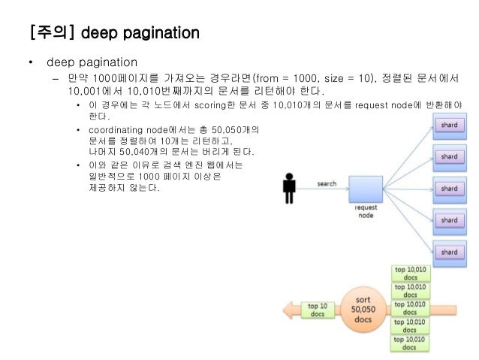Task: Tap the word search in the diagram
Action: pyautogui.click(x=327, y=183)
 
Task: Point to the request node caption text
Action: pyautogui.click(x=366, y=213)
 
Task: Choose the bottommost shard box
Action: pyautogui.click(x=448, y=251)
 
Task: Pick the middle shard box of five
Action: pyautogui.click(x=448, y=189)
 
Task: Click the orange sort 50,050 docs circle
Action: pyautogui.click(x=366, y=309)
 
